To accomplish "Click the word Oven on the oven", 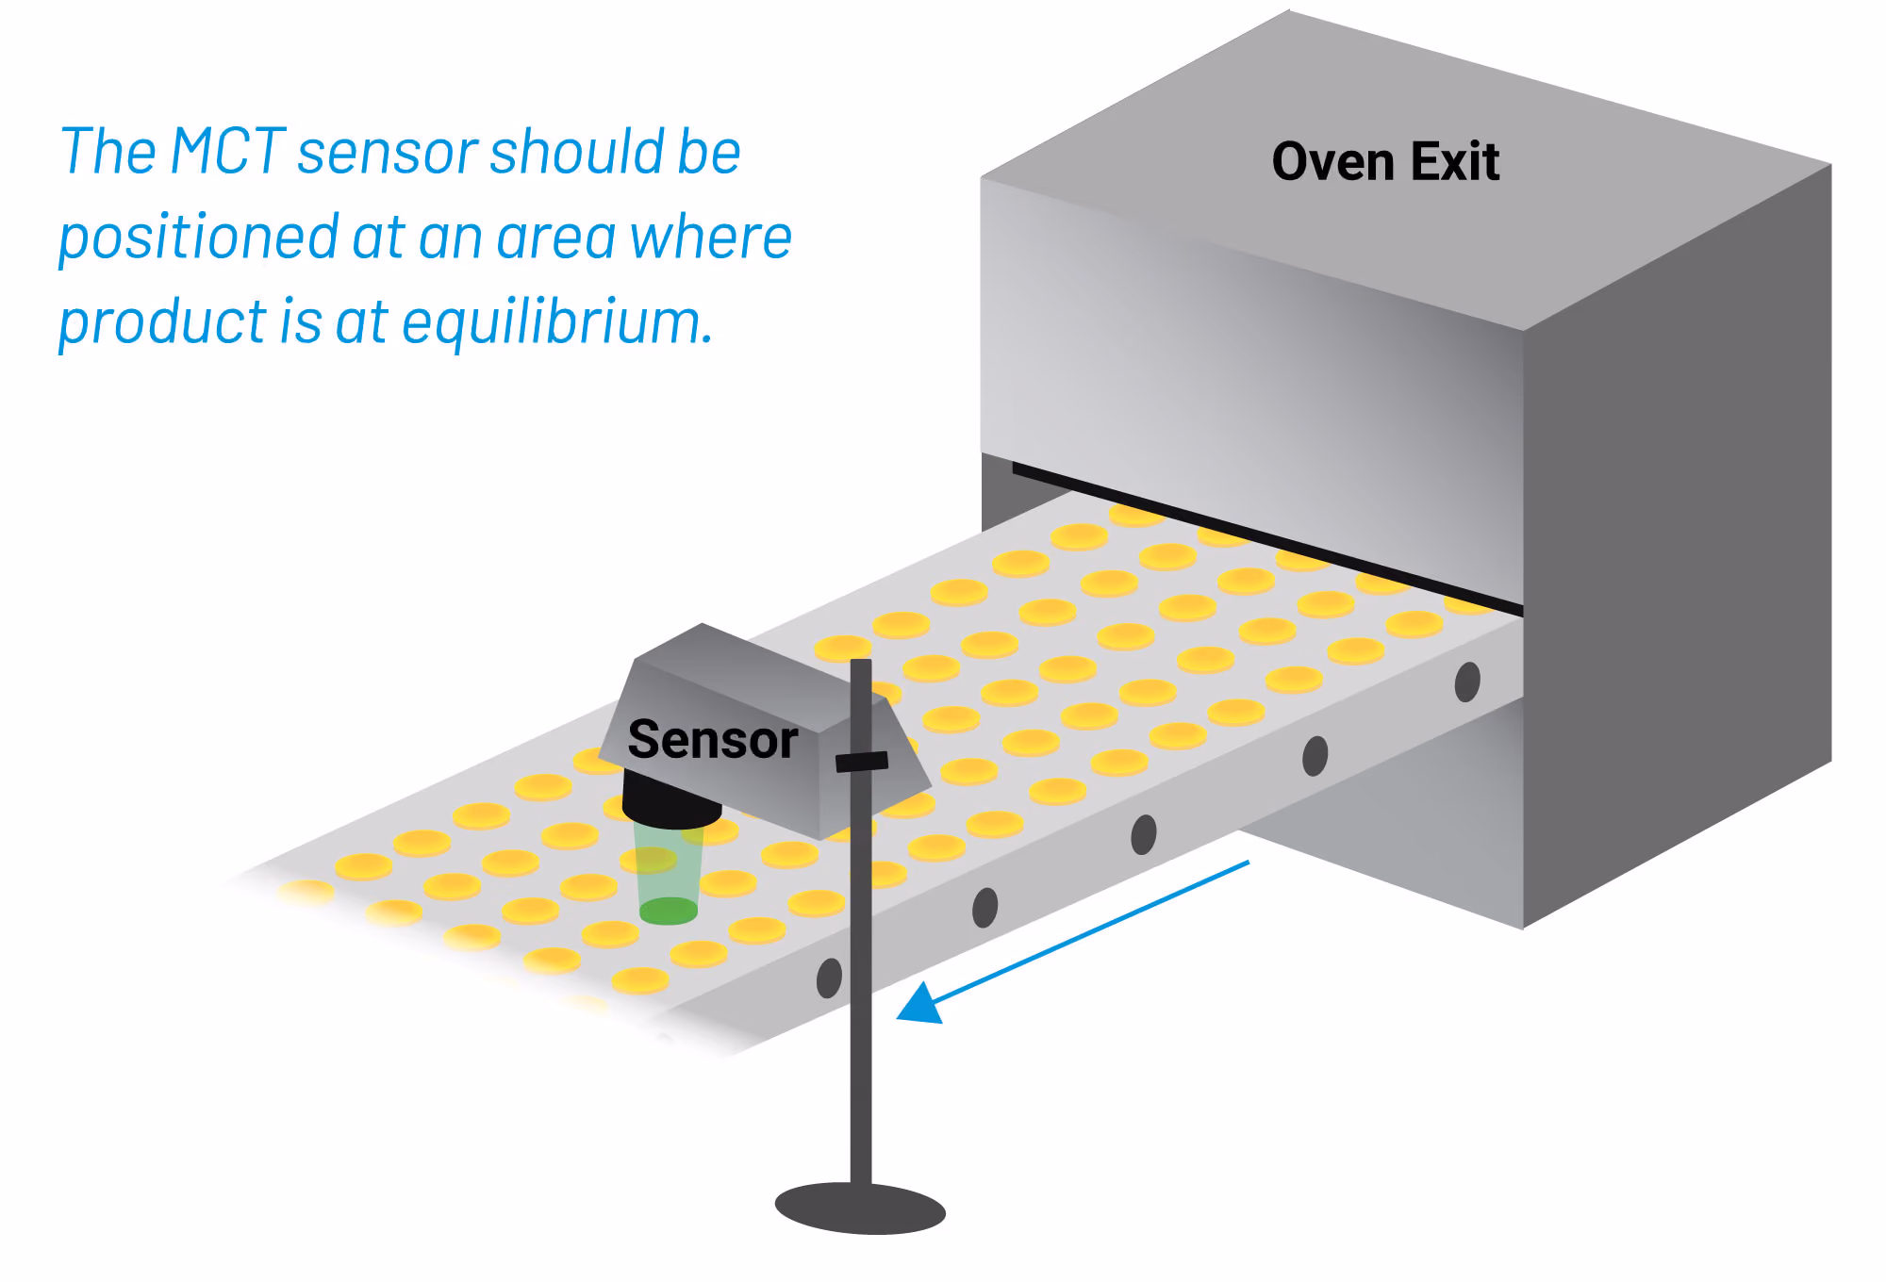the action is click(x=1333, y=162).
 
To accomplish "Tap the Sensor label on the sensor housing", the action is click(x=713, y=739).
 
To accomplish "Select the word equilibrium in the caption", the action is click(x=557, y=321).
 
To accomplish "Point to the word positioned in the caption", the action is click(x=198, y=238).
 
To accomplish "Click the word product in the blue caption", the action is click(x=162, y=322).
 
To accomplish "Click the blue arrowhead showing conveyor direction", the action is click(x=921, y=1003).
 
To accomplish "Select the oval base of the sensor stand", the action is click(x=860, y=1208).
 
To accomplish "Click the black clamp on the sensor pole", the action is click(x=862, y=761).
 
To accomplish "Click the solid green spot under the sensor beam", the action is click(x=669, y=911).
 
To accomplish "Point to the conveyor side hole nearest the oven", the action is click(x=1467, y=682).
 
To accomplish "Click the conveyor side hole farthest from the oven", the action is click(x=829, y=978).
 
